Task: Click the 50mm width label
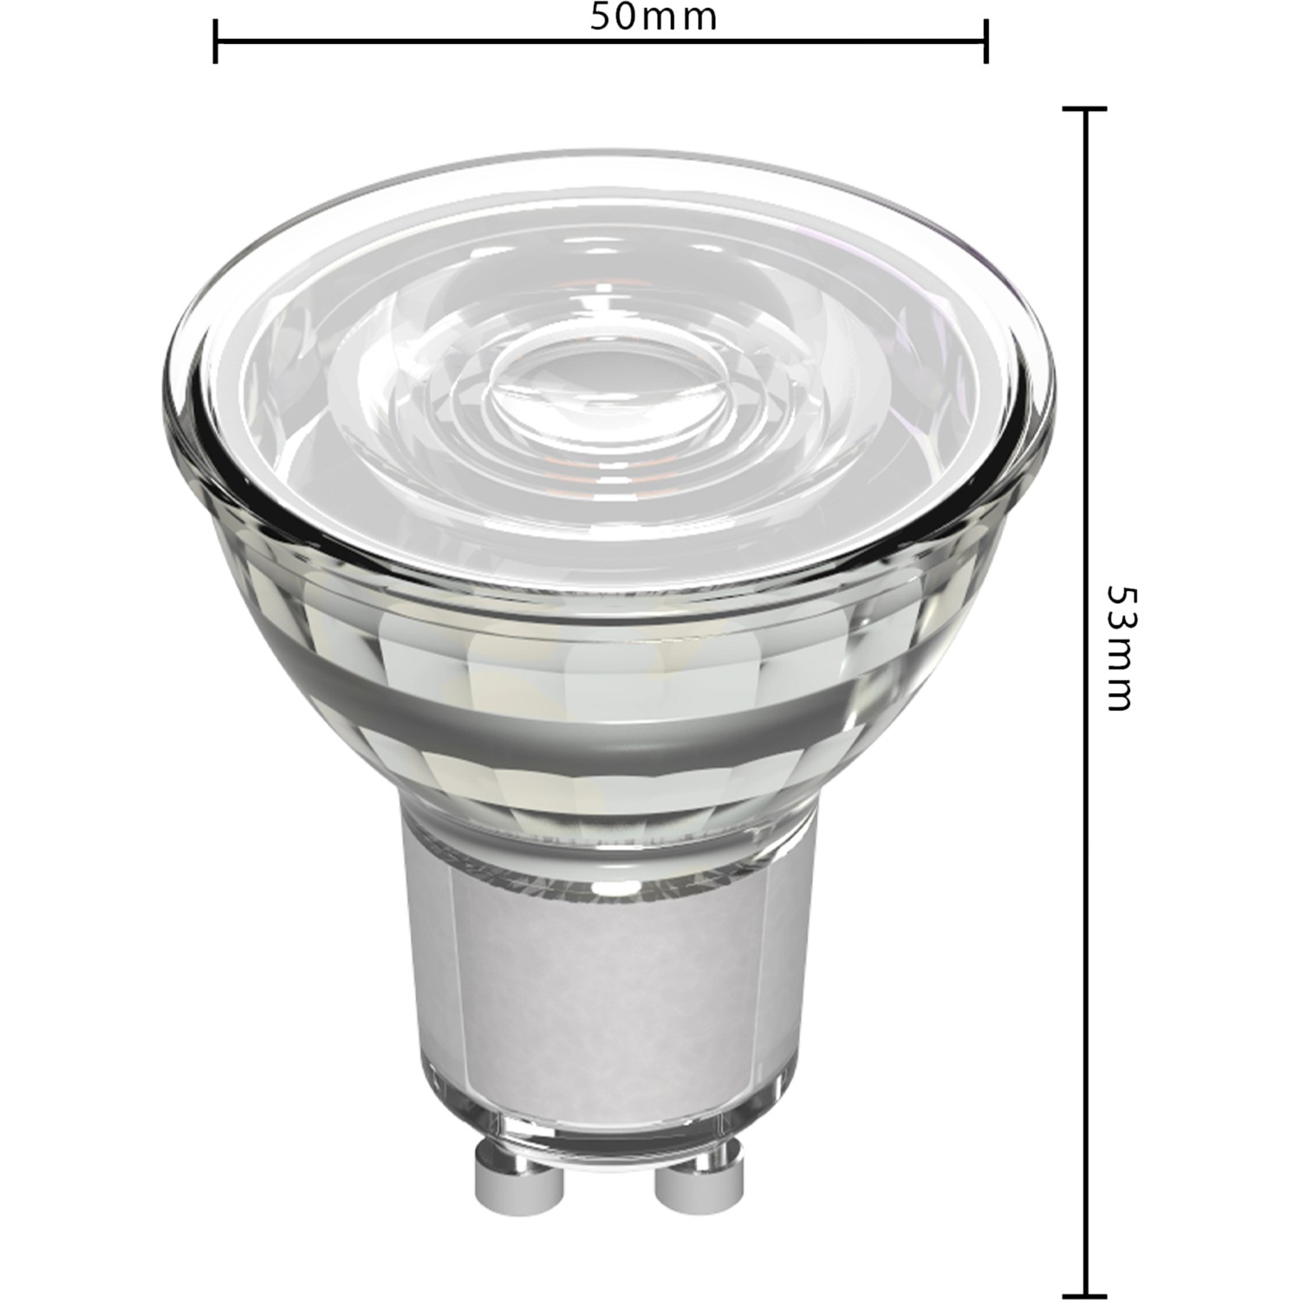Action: coord(654,17)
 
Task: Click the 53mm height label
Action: coord(1120,648)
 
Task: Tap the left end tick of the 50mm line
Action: coord(215,40)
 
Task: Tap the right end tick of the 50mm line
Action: coord(986,40)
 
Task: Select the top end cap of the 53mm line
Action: coord(1084,109)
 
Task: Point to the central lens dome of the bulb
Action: coord(607,386)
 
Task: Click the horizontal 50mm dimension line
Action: coord(433,40)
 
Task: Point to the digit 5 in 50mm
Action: coord(601,17)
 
